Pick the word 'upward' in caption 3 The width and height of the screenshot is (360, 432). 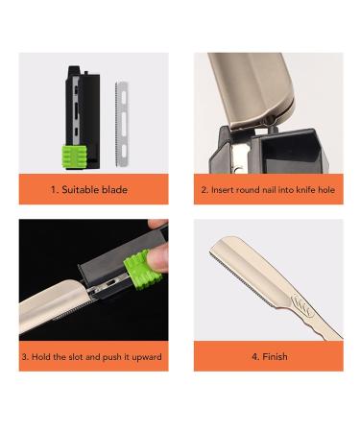click(145, 357)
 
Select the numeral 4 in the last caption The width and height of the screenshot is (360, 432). click(253, 357)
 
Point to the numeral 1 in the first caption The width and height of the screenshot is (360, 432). click(54, 190)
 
